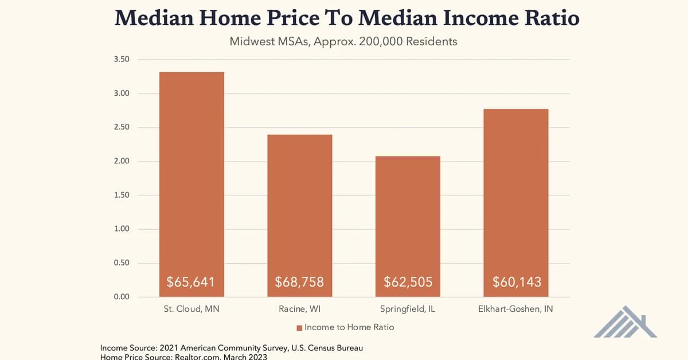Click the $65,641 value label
coord(191,282)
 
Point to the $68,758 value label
coord(300,282)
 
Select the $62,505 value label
coord(408,282)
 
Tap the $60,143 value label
coord(516,282)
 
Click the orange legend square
coord(299,328)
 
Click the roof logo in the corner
coord(625,322)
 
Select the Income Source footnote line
coord(231,348)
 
